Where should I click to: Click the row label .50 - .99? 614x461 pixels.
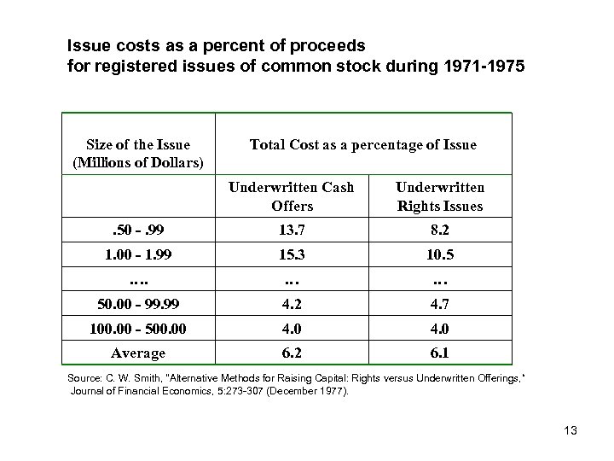(x=139, y=230)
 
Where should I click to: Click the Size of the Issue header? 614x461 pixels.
(x=139, y=153)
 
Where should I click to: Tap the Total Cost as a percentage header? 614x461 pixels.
(x=363, y=145)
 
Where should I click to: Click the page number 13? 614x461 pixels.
(x=570, y=430)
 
